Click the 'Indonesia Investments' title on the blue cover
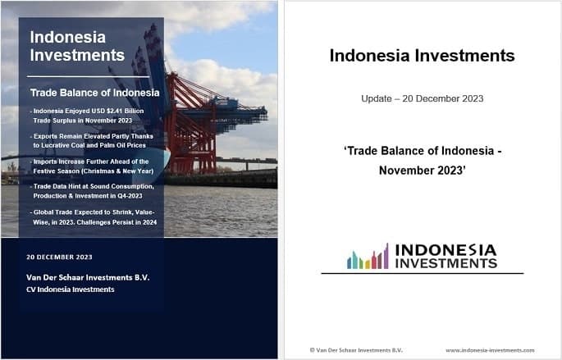tap(77, 47)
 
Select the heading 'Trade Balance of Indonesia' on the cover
tap(94, 93)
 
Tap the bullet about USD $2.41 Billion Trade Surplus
tap(90, 115)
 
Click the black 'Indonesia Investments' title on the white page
tap(422, 56)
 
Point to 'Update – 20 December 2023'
tap(422, 98)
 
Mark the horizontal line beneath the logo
tap(422, 273)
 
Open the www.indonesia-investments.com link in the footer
tap(490, 349)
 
